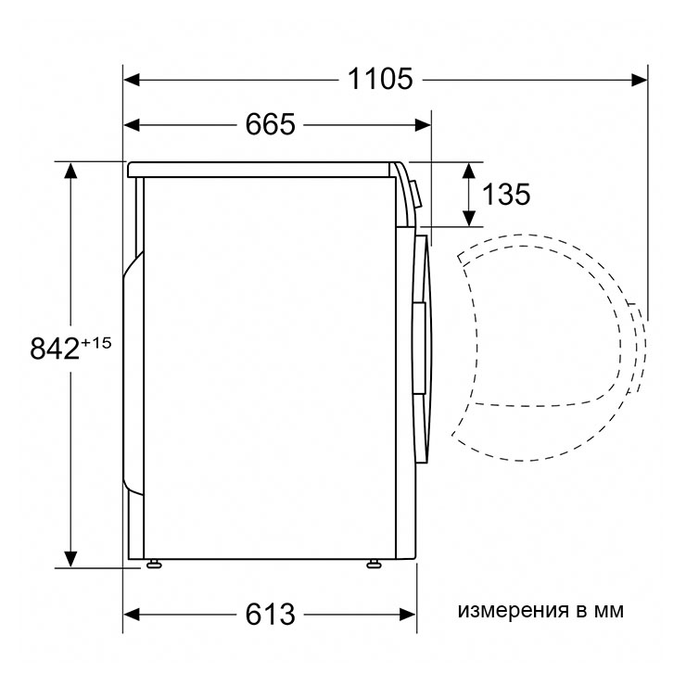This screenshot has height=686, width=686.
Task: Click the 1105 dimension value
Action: [380, 79]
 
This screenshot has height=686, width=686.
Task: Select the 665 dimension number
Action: [270, 125]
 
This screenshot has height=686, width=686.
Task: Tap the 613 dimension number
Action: [270, 615]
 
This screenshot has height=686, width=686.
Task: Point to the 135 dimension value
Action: [506, 195]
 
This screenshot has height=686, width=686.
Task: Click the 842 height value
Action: [55, 349]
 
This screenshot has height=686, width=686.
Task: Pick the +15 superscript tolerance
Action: [95, 343]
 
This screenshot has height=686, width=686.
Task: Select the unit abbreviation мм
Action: [608, 611]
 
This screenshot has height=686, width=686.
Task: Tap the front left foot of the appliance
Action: [154, 564]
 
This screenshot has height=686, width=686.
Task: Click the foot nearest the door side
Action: [374, 564]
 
